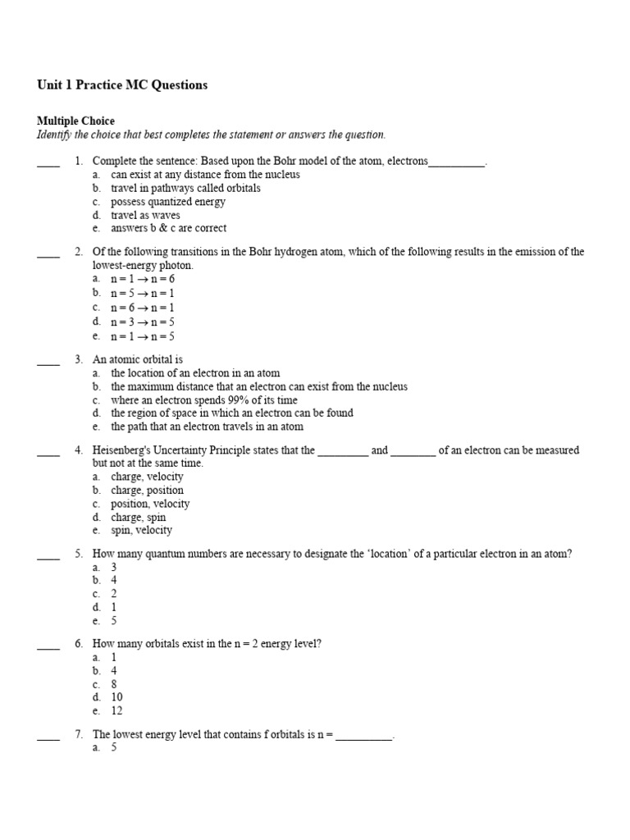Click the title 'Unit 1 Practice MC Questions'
click(122, 85)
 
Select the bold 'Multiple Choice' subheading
click(75, 121)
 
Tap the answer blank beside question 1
click(48, 163)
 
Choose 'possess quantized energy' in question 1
click(167, 202)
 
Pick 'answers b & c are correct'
click(168, 228)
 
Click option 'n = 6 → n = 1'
click(143, 308)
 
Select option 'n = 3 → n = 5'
click(143, 322)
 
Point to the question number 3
click(79, 359)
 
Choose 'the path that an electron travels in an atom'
click(207, 427)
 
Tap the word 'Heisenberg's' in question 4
click(122, 450)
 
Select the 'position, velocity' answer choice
click(150, 504)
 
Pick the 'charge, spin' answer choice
click(138, 517)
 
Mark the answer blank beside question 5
click(48, 555)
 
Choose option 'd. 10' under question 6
click(116, 697)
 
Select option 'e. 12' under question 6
click(116, 711)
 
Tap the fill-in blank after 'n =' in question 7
click(363, 735)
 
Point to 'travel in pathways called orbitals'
click(185, 188)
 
